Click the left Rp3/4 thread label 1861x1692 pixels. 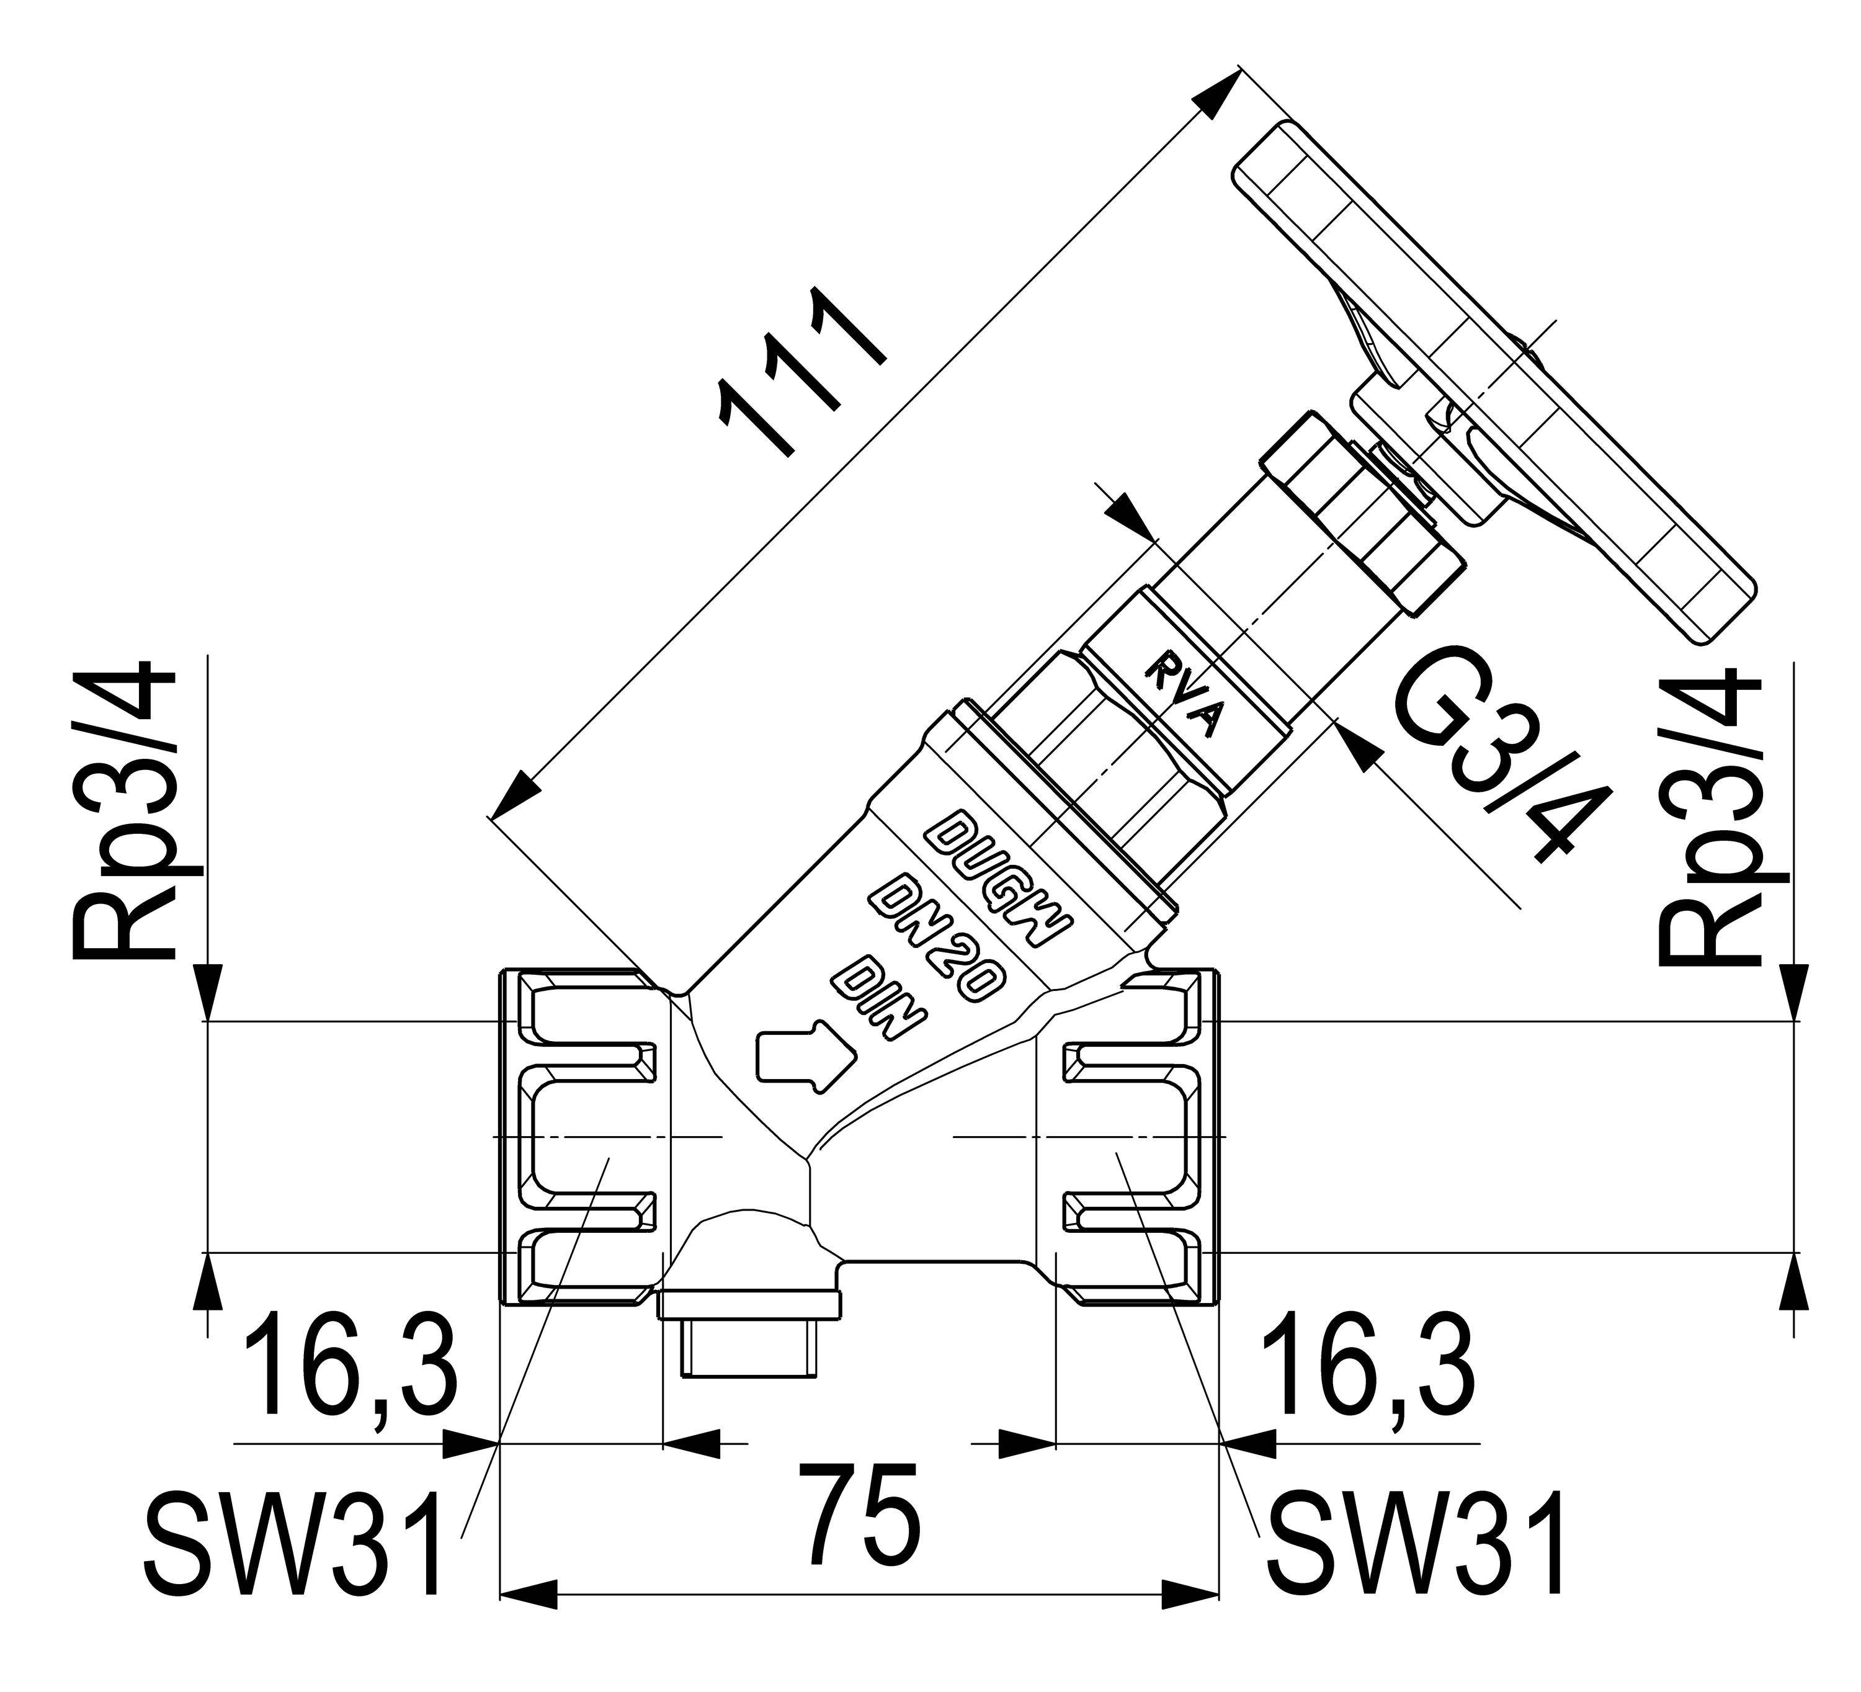point(123,810)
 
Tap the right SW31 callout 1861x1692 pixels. point(1417,1542)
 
